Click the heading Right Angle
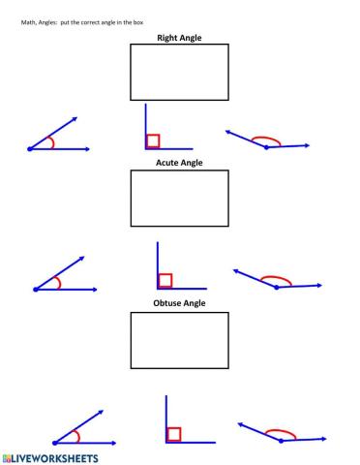pos(179,38)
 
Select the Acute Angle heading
pos(179,163)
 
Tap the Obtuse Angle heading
pos(179,303)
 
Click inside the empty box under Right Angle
pos(179,73)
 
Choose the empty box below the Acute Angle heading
pos(179,199)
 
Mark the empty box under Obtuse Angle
pos(179,339)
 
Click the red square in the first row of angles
pos(153,141)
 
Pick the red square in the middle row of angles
pos(165,281)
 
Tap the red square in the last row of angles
pos(173,434)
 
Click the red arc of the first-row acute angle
pos(52,141)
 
